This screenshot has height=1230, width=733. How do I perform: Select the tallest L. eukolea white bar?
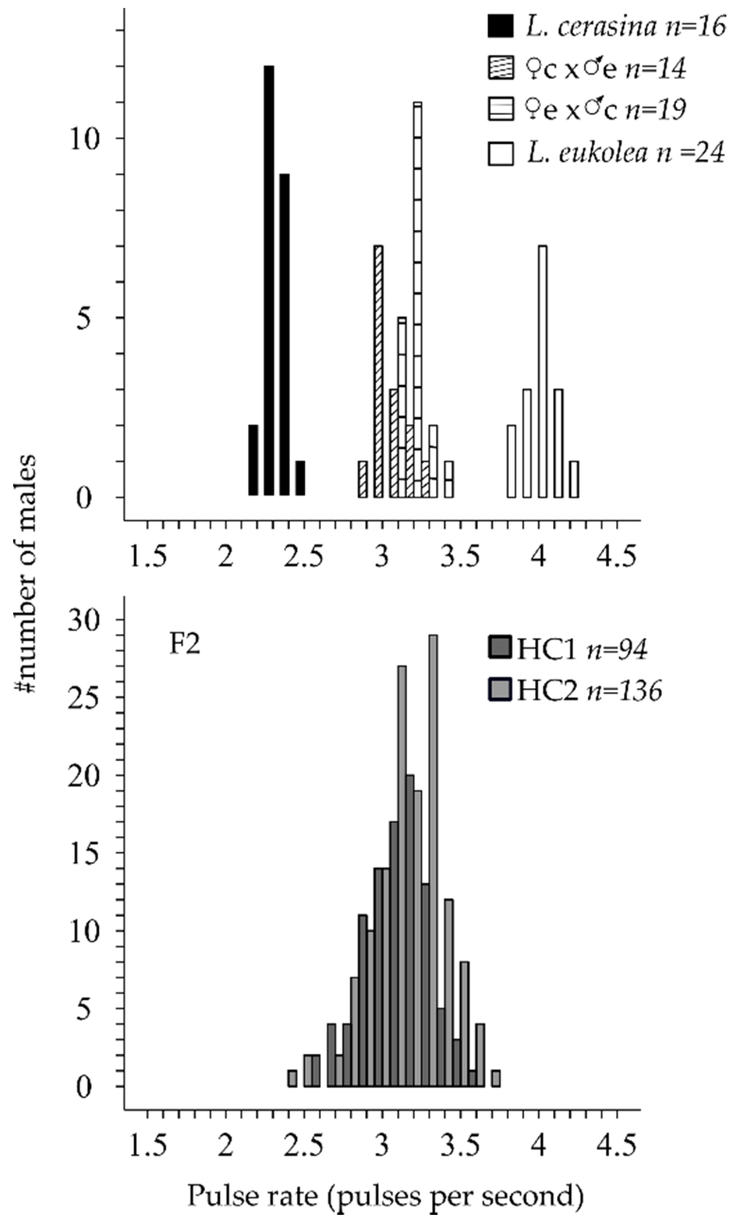[x=542, y=371]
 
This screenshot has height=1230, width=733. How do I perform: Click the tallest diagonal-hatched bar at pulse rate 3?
[x=379, y=371]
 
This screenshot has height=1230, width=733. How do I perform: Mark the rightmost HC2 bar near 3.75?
[x=496, y=1078]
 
